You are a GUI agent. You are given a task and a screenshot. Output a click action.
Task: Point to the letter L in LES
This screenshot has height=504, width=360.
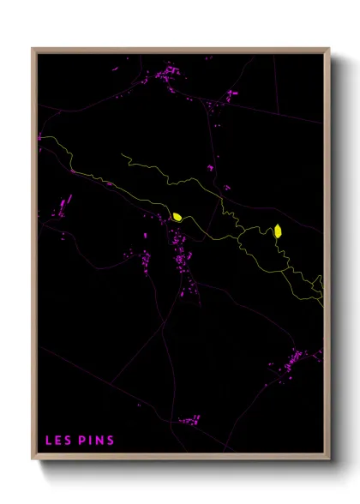(x=49, y=441)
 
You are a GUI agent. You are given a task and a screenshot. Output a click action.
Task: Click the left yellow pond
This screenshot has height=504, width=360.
(x=177, y=217)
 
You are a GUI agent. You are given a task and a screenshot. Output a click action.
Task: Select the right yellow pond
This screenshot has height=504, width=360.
(x=278, y=230)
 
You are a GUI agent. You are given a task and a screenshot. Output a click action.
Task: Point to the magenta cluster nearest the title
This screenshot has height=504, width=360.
(x=190, y=419)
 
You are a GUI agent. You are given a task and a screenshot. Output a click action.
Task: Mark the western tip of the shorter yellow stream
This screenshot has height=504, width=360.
(x=122, y=155)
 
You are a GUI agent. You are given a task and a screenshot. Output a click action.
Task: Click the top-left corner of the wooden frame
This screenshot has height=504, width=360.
(x=33, y=48)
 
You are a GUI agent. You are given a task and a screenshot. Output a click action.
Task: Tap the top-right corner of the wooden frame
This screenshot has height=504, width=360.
(x=329, y=48)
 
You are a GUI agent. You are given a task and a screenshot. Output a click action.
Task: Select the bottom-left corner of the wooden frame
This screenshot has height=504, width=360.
(x=33, y=460)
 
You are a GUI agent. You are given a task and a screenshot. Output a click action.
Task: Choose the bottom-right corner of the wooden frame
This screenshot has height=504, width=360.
(x=329, y=460)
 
